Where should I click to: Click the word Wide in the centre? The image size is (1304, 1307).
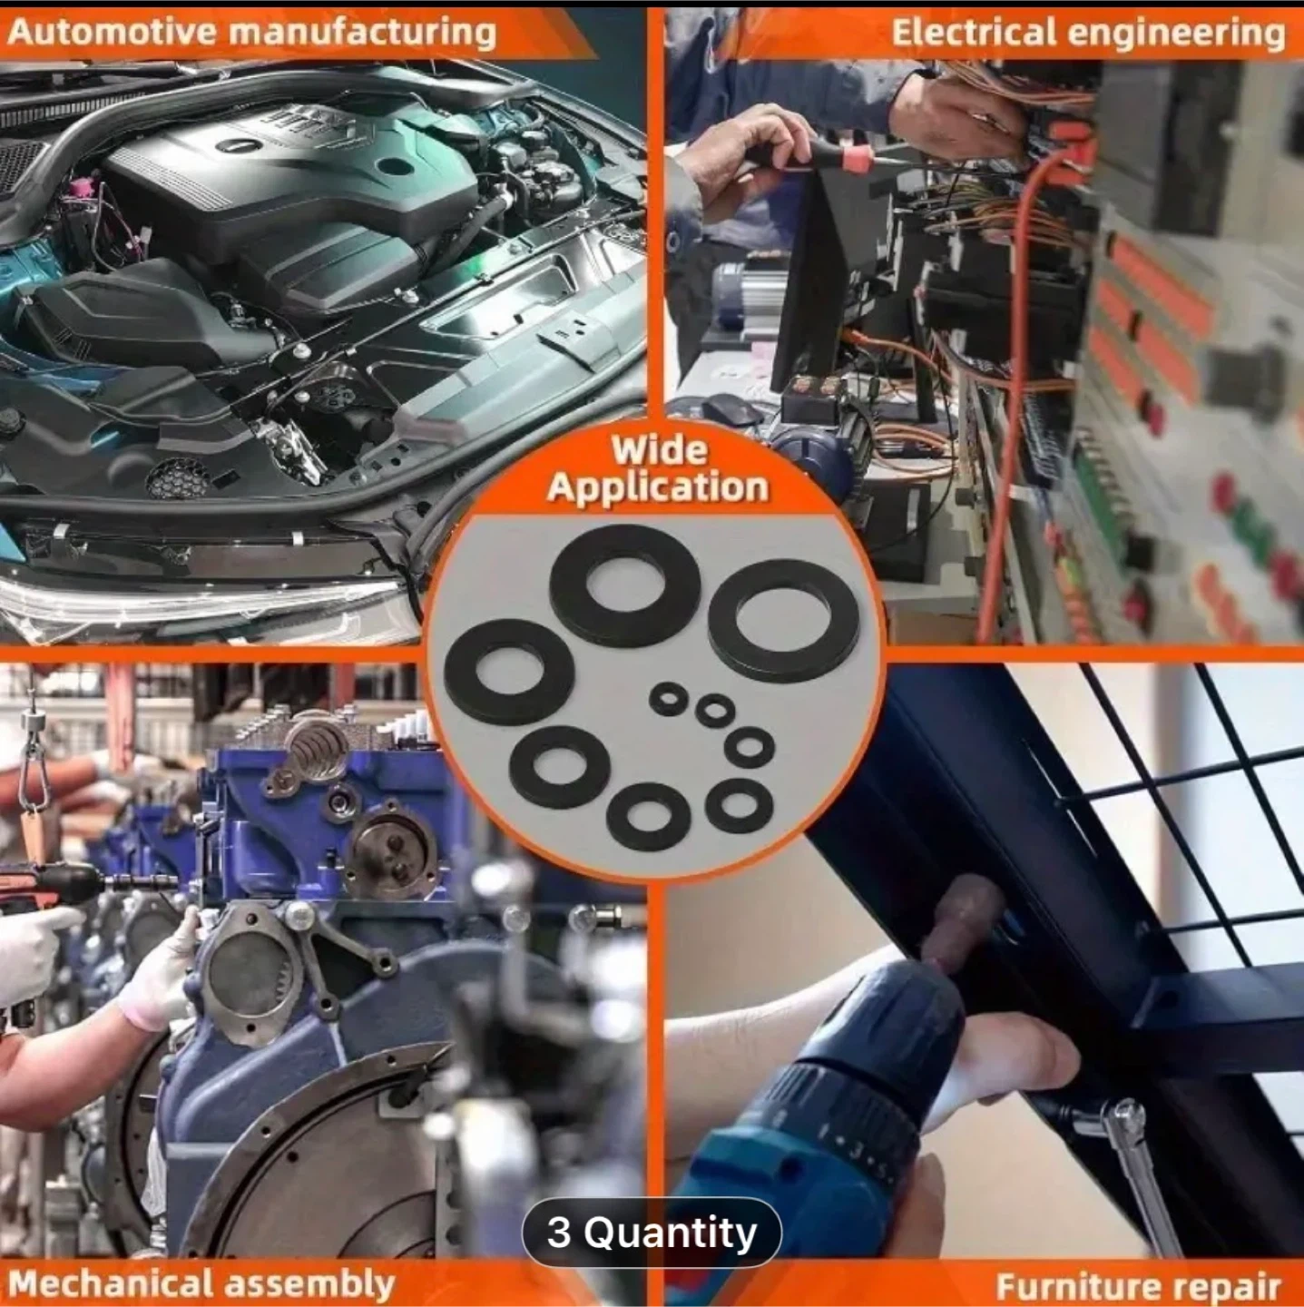(659, 449)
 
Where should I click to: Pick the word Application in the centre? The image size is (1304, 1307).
(658, 488)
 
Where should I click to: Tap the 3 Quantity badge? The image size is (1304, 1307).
(651, 1233)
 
